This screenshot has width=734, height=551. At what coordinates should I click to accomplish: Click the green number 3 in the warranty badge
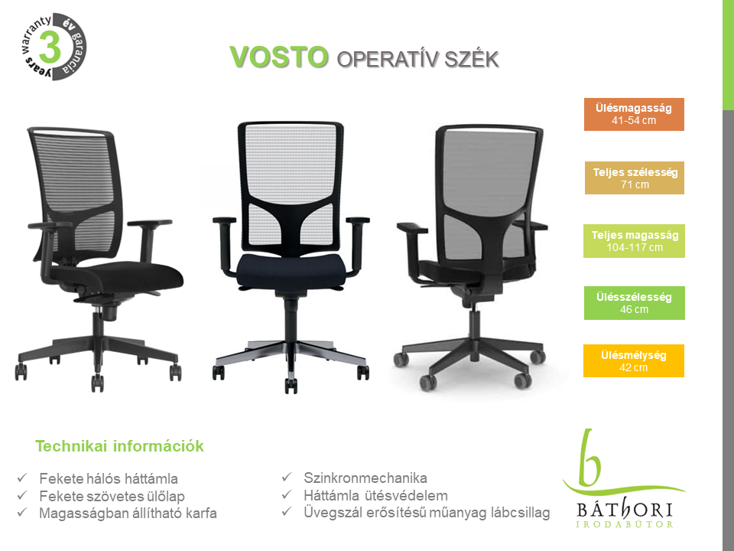tap(49, 47)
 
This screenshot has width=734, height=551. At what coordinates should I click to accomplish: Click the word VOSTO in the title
tap(279, 57)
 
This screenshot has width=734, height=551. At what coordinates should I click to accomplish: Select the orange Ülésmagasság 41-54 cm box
tap(634, 114)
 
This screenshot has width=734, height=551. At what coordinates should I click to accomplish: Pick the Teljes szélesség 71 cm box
tap(635, 178)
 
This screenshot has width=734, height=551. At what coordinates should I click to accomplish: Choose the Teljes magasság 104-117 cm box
tap(634, 241)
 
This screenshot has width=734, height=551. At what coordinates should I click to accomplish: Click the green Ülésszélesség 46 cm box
tap(635, 303)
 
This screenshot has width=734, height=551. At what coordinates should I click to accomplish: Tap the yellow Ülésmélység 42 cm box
tap(634, 360)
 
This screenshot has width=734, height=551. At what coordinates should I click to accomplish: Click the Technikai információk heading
tap(119, 446)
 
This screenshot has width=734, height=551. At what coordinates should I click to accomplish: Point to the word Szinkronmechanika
tap(365, 478)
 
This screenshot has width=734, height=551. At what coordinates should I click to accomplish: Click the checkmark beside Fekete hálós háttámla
tap(22, 478)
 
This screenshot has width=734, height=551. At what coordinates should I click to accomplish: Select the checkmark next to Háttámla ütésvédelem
tap(287, 494)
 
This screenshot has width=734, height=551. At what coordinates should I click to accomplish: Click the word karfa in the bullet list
tap(201, 514)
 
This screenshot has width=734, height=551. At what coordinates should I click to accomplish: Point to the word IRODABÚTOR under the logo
tap(624, 523)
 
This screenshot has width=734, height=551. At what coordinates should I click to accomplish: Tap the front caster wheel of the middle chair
tap(291, 386)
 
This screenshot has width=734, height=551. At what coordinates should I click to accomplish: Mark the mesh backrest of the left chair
tap(77, 183)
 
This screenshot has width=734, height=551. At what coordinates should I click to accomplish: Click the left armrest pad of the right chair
tap(412, 228)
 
